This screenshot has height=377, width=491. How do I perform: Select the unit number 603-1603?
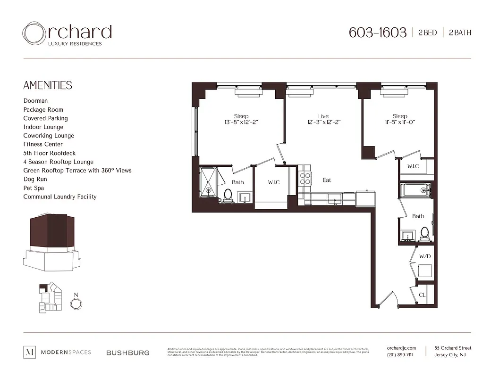377,33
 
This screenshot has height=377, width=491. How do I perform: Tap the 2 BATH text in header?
459,33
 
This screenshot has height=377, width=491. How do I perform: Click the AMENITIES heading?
48,85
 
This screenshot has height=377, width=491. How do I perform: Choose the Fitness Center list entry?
43,144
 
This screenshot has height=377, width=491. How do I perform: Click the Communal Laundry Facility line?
60,197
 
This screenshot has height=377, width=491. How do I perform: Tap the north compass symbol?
75,303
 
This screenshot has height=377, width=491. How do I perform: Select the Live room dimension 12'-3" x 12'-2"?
323,122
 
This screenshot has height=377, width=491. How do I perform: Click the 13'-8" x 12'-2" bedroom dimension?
241,122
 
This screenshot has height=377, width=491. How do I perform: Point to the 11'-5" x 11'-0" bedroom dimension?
400,122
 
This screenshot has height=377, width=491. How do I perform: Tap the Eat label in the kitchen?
327,180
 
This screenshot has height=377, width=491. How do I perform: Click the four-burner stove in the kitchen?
305,179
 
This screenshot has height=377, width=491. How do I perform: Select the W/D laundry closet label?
425,256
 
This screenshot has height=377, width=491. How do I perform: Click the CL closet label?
422,295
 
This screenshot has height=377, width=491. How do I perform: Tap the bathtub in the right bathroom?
415,191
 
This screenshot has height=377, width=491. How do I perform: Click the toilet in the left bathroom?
228,196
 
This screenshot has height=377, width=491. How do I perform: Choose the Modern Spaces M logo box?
29,352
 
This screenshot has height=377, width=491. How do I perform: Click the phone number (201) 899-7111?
399,355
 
